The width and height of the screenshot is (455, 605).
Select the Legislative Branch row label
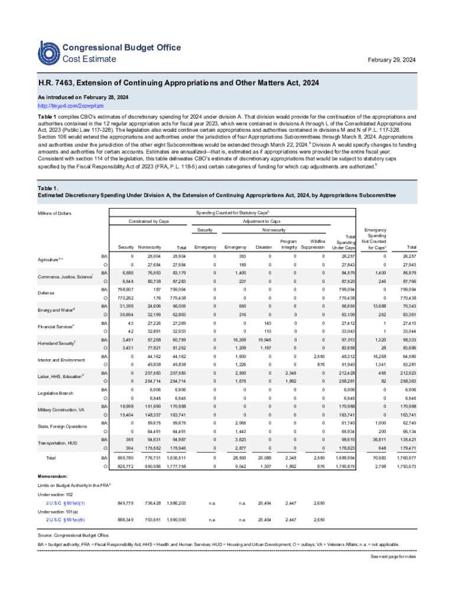(54, 392)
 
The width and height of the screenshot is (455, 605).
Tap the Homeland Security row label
(56, 343)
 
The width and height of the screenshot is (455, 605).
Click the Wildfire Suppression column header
(313, 244)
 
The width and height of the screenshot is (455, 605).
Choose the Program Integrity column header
(288, 244)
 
